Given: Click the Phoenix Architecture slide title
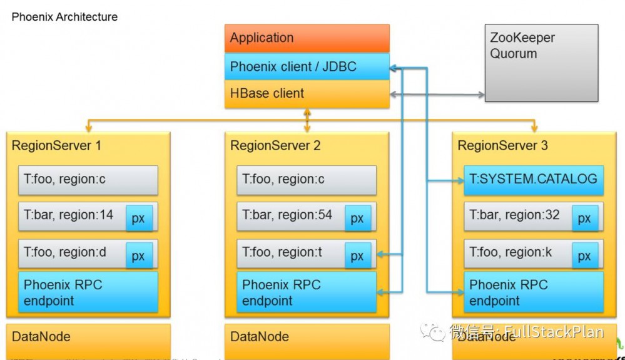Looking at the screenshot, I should pyautogui.click(x=64, y=17).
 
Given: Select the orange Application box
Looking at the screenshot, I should pyautogui.click(x=307, y=38).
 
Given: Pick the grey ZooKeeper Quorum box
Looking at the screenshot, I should pyautogui.click(x=541, y=63).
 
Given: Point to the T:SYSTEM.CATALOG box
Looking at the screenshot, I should pyautogui.click(x=533, y=180).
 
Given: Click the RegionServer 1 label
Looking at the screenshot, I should pyautogui.click(x=56, y=146).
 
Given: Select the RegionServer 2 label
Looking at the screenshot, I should pyautogui.click(x=275, y=146).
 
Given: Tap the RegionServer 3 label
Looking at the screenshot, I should pyautogui.click(x=502, y=146).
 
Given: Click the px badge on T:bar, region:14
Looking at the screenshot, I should pyautogui.click(x=139, y=219).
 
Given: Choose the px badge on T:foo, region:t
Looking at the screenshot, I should pyautogui.click(x=357, y=255).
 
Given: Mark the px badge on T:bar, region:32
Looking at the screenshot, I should pyautogui.click(x=584, y=219).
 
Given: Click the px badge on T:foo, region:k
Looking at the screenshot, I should pyautogui.click(x=584, y=255).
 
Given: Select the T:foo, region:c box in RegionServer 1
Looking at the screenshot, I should pyautogui.click(x=88, y=180).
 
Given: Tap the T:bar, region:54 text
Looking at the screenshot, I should pyautogui.click(x=287, y=215).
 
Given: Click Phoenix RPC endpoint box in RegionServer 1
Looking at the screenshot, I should pyautogui.click(x=88, y=292).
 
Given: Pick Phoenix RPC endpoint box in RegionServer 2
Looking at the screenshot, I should pyautogui.click(x=307, y=292).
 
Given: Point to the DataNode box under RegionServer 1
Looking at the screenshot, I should pyautogui.click(x=88, y=338).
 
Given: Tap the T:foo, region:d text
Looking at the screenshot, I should pyautogui.click(x=65, y=252).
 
